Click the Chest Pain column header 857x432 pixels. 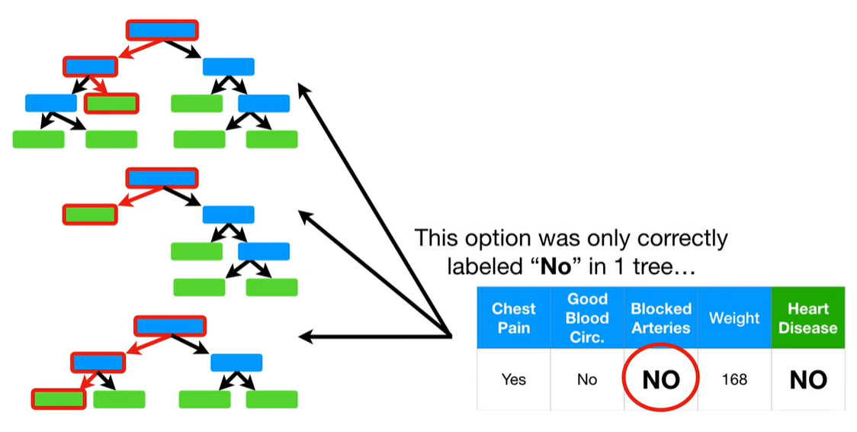pyautogui.click(x=513, y=318)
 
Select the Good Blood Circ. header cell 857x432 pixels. pyautogui.click(x=587, y=318)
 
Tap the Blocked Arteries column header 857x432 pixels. pyautogui.click(x=660, y=318)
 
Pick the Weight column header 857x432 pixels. pyautogui.click(x=733, y=318)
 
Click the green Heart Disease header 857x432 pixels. pyautogui.click(x=807, y=318)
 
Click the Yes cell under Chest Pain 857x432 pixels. pyautogui.click(x=513, y=379)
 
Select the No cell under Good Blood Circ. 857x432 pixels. pyautogui.click(x=587, y=379)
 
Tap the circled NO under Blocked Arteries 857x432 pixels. pyautogui.click(x=660, y=379)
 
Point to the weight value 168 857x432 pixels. pyautogui.click(x=733, y=379)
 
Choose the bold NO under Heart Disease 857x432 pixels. pyautogui.click(x=807, y=379)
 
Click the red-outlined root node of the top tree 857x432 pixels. pyautogui.click(x=162, y=31)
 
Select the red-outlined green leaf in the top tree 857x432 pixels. pyautogui.click(x=111, y=103)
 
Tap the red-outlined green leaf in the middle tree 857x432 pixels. pyautogui.click(x=90, y=214)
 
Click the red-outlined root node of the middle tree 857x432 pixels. pyautogui.click(x=162, y=179)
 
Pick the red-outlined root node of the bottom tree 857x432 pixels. pyautogui.click(x=170, y=326)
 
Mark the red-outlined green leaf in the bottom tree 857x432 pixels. pyautogui.click(x=59, y=398)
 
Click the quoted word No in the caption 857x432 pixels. pyautogui.click(x=554, y=267)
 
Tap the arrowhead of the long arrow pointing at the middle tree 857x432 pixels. pyautogui.click(x=305, y=217)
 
